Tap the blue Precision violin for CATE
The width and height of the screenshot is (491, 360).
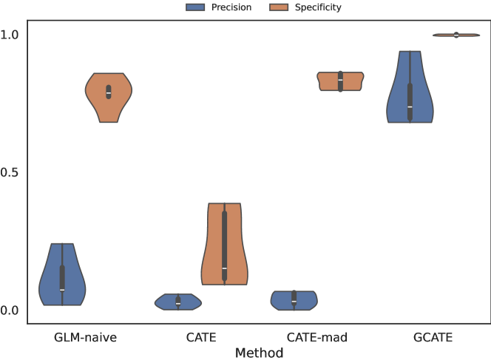[178, 302]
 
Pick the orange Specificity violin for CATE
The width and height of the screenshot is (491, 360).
[224, 244]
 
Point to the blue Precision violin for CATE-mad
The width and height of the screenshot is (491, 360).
[294, 300]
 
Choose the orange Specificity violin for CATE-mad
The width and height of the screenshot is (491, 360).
[340, 81]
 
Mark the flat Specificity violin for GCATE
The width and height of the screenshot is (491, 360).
[456, 35]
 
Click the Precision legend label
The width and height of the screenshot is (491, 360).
[231, 8]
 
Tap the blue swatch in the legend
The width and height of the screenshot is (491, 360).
[195, 8]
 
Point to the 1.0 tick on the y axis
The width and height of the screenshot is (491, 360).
[10, 35]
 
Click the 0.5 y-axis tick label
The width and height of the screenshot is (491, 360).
[10, 172]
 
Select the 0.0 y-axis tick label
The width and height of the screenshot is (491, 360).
[10, 310]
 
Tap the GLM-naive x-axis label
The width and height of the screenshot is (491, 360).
[85, 338]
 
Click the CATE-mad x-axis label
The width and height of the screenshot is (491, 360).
[316, 338]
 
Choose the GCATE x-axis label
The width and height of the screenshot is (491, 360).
[433, 338]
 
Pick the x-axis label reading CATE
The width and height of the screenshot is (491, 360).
[201, 338]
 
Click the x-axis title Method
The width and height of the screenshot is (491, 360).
[259, 353]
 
